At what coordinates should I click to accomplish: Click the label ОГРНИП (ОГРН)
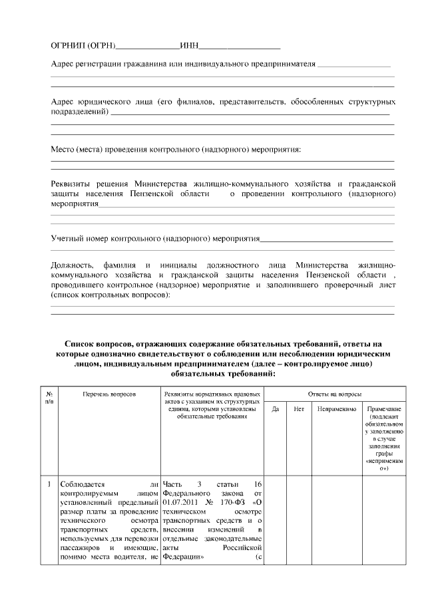[x=83, y=46]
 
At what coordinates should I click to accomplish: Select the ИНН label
[x=190, y=46]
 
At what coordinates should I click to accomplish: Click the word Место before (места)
[x=63, y=149]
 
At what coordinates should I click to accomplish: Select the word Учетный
[x=67, y=237]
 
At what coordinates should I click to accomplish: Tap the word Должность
[x=74, y=265]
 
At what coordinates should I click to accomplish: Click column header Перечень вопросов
[x=109, y=394]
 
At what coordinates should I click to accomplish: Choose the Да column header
[x=275, y=409]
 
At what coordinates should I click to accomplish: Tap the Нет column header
[x=299, y=409]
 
